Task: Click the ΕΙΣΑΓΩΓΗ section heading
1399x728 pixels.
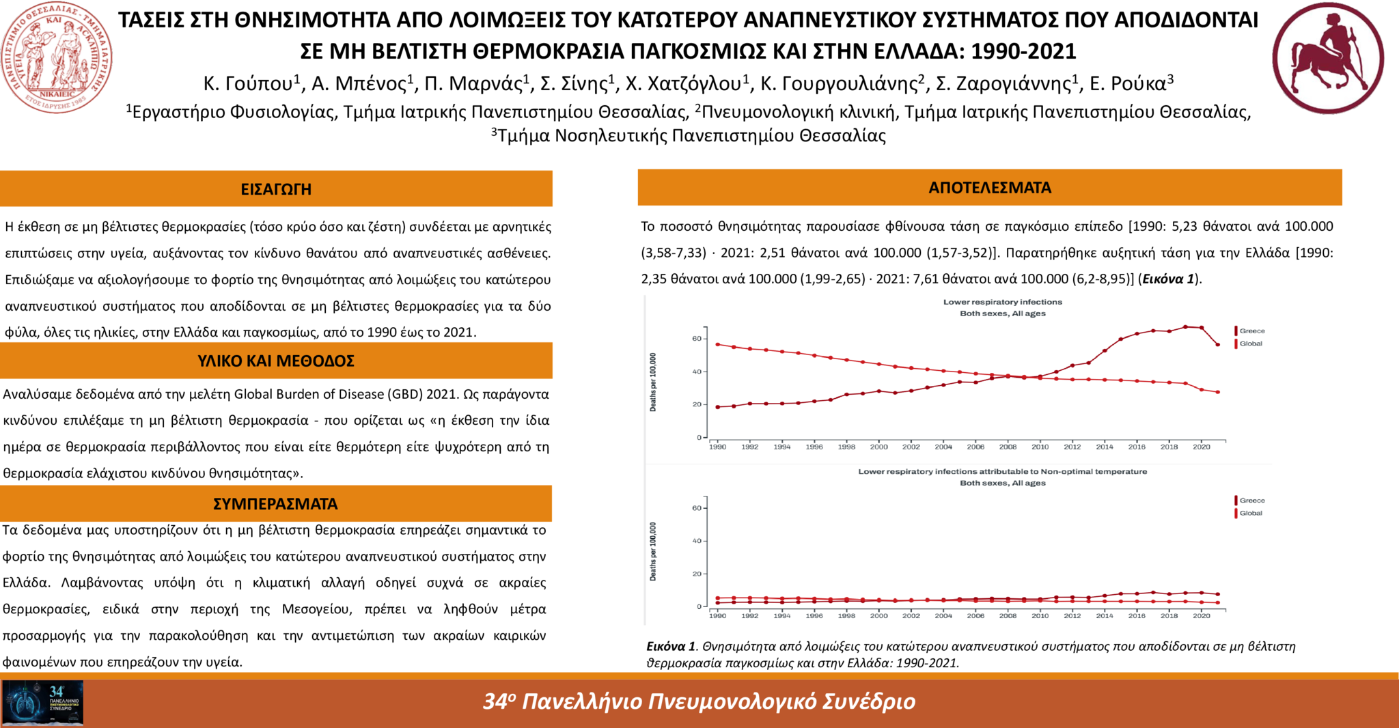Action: pyautogui.click(x=276, y=189)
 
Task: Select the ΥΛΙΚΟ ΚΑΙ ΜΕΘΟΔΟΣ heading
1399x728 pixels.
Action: pyautogui.click(x=276, y=361)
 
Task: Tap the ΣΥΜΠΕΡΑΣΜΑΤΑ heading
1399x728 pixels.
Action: pyautogui.click(x=275, y=504)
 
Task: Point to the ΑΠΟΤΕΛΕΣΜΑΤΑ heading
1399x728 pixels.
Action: pyautogui.click(x=990, y=188)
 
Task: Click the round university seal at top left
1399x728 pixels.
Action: pyautogui.click(x=57, y=57)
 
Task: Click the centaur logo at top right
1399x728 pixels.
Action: pyautogui.click(x=1327, y=57)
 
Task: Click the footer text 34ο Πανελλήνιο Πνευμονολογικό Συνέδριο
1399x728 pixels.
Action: pyautogui.click(x=699, y=701)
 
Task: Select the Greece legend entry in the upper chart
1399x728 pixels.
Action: pyautogui.click(x=1251, y=331)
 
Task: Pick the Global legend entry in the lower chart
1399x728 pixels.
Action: pyautogui.click(x=1250, y=514)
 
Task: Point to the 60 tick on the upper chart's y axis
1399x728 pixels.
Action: pyautogui.click(x=697, y=339)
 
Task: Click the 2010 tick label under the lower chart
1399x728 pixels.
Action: pyautogui.click(x=1040, y=616)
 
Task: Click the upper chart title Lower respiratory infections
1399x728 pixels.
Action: pyautogui.click(x=1002, y=302)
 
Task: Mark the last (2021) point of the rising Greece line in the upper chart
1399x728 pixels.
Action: pyautogui.click(x=1217, y=345)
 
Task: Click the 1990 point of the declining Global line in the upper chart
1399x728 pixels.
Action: pyautogui.click(x=717, y=344)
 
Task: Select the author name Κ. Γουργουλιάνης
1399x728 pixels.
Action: pyautogui.click(x=839, y=84)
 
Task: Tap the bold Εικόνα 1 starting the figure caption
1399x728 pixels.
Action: pyautogui.click(x=671, y=647)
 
